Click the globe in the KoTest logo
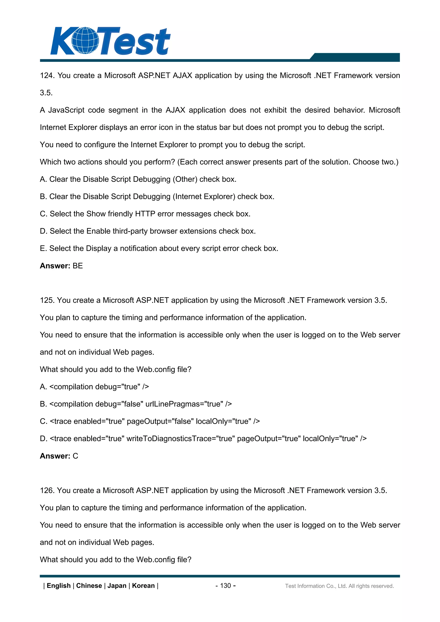85,40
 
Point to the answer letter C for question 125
75,456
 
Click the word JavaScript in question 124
66,110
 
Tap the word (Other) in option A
185,179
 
